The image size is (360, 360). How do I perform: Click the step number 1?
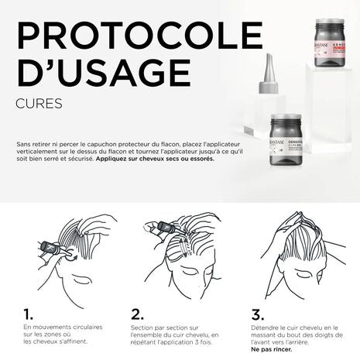(28, 314)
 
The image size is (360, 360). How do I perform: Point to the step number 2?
(138, 314)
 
